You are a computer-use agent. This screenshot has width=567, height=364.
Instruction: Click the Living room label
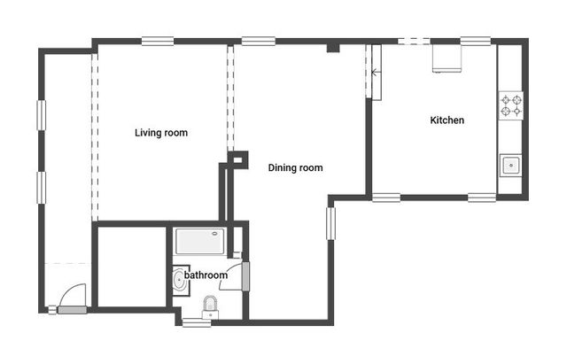pos(161,133)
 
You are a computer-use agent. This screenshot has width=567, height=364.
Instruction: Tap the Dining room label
pos(295,167)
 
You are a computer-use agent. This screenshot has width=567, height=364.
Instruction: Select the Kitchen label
pos(447,120)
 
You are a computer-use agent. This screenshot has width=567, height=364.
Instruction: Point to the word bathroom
pos(206,275)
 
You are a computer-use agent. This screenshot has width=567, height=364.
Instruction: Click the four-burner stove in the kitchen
pos(511,105)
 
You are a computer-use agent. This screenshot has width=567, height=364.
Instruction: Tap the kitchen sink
pos(510,166)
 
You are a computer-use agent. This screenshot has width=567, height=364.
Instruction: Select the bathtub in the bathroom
pos(200,241)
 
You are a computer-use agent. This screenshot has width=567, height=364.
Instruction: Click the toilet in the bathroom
pos(210,307)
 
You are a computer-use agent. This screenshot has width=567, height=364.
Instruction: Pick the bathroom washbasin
pos(180,281)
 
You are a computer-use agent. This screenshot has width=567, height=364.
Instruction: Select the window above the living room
pos(158,42)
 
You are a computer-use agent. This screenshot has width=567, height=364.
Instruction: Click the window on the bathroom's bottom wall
pos(197,322)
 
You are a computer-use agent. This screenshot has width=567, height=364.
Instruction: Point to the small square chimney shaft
pos(238,159)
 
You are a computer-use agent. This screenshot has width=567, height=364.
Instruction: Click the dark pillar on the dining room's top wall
pos(333,48)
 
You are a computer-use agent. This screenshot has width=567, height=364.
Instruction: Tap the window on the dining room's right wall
pos(330,223)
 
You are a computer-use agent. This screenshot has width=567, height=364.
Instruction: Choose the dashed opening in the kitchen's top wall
pos(414,42)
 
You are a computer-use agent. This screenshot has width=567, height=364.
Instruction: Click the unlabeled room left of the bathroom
pos(132,267)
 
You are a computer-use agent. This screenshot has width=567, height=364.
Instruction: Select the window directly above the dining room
pos(259,42)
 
